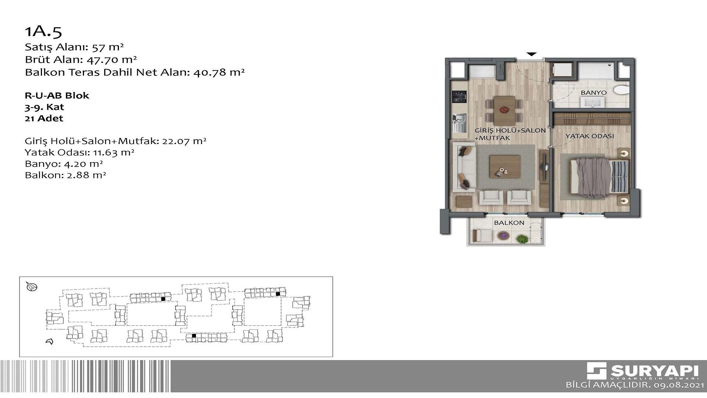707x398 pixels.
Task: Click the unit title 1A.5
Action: coord(43,32)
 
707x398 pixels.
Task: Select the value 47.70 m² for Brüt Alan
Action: coord(112,60)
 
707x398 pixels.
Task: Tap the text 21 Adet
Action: coord(44,118)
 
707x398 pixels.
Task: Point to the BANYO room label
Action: coord(594,92)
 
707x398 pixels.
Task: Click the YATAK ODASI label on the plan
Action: coord(590,136)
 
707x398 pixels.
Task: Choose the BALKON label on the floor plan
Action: coord(509,223)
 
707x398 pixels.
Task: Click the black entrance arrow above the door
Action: coord(531,54)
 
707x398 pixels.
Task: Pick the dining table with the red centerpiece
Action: coord(504,110)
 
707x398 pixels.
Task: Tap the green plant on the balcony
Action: coord(522,239)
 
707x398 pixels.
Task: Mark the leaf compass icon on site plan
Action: coord(32,286)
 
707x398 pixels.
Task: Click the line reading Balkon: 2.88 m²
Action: coord(65,175)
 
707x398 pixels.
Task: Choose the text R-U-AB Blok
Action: coord(57,95)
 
